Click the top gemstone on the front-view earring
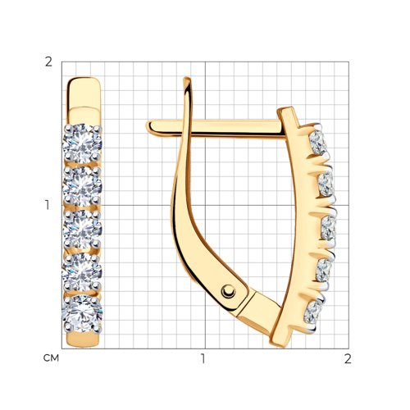coord(82,143)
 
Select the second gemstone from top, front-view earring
coord(82,186)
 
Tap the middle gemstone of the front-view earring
coord(82,229)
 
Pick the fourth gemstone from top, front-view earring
coord(82,271)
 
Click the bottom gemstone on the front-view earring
coord(82,314)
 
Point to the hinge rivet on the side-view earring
coord(229,291)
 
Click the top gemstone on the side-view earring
coord(318,143)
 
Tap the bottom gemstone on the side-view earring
coord(313,312)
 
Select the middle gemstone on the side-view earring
coord(328,229)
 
